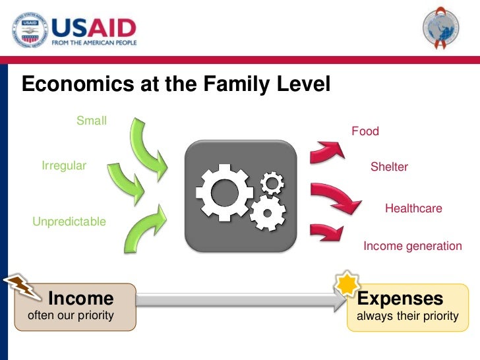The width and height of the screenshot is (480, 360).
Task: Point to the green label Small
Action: (92, 121)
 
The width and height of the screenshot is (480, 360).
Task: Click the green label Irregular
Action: (64, 165)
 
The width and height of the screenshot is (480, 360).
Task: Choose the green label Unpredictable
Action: (69, 222)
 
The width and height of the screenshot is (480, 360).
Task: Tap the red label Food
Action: (365, 131)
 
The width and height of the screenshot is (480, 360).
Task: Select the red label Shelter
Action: (389, 167)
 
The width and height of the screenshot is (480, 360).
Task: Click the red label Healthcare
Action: (413, 208)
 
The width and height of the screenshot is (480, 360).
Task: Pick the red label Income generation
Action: (413, 246)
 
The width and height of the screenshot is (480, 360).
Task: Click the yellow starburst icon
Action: (346, 284)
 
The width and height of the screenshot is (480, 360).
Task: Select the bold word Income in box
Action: (81, 299)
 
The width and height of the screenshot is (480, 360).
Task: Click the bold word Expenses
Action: (400, 299)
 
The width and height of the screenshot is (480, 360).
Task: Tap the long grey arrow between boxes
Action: (241, 303)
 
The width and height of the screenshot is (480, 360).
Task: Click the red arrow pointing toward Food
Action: (328, 150)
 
